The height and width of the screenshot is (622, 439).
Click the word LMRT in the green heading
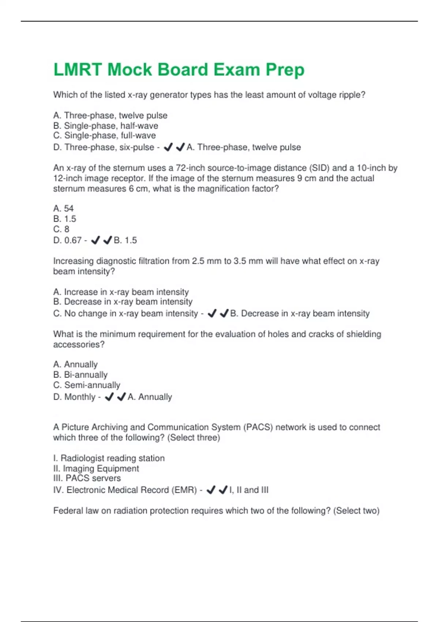[x=78, y=70]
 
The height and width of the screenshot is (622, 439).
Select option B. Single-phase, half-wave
[x=106, y=126]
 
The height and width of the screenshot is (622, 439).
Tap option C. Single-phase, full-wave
[x=104, y=136]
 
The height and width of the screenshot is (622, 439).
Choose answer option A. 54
[x=63, y=209]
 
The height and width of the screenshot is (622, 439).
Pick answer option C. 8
[x=61, y=229]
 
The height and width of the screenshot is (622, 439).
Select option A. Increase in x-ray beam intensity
[x=121, y=292]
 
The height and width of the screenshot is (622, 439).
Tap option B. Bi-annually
[x=80, y=375]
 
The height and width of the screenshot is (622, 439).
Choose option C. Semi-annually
[x=87, y=385]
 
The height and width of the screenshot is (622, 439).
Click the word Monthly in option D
[x=80, y=397]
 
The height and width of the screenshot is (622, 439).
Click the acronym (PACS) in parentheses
[x=258, y=427]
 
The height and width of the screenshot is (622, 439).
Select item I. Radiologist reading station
[x=109, y=458]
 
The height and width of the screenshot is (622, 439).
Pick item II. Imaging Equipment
[x=96, y=469]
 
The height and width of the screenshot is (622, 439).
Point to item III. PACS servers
[x=87, y=479]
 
